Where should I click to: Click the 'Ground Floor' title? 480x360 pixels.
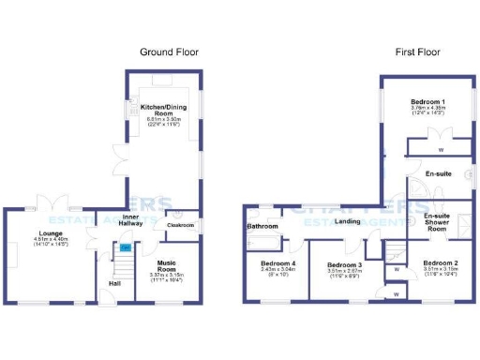pyautogui.click(x=169, y=52)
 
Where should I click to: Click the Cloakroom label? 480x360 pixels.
pyautogui.click(x=179, y=225)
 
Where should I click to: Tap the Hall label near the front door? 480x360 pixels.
pyautogui.click(x=114, y=282)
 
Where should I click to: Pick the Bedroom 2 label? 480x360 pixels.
pyautogui.click(x=439, y=262)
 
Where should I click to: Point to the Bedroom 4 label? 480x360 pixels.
pyautogui.click(x=277, y=263)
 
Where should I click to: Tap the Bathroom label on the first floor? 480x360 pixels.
pyautogui.click(x=262, y=226)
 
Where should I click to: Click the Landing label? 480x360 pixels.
pyautogui.click(x=348, y=221)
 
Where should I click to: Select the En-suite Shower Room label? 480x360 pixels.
pyautogui.click(x=437, y=221)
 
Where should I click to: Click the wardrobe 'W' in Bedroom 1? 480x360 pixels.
pyautogui.click(x=441, y=149)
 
